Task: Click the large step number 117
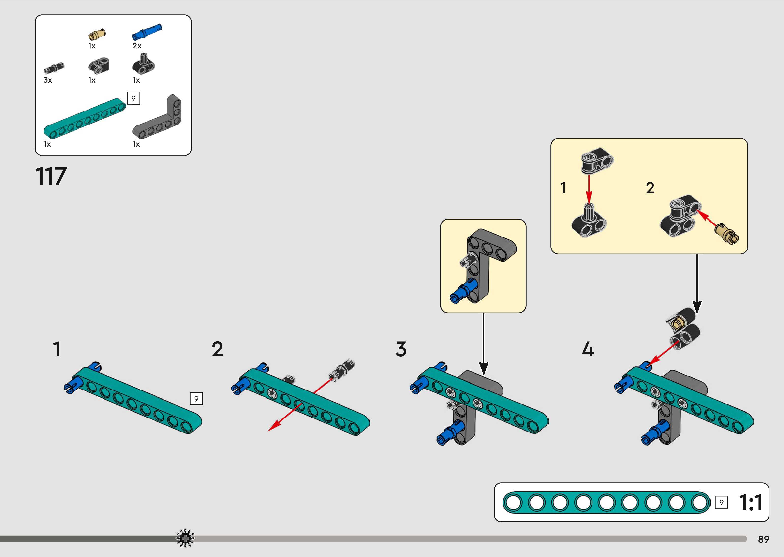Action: pyautogui.click(x=51, y=177)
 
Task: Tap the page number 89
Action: pyautogui.click(x=763, y=539)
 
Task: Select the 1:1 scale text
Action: pyautogui.click(x=751, y=503)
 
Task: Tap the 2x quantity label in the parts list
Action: pyautogui.click(x=137, y=46)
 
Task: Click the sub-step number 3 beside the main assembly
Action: pyautogui.click(x=401, y=349)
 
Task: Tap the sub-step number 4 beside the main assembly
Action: pyautogui.click(x=588, y=349)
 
